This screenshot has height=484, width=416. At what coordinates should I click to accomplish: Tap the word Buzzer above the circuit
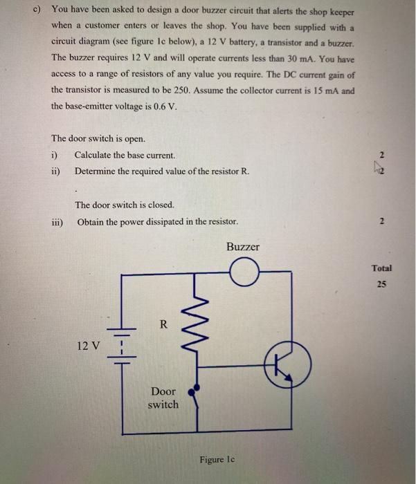click(242, 247)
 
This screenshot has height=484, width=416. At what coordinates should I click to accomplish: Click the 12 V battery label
click(89, 344)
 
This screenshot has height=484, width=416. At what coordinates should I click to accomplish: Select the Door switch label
click(163, 398)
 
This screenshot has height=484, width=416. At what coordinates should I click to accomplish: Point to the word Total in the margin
click(381, 268)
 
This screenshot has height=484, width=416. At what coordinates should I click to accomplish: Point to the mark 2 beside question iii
click(382, 223)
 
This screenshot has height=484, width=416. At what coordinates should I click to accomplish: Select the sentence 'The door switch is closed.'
click(125, 205)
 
